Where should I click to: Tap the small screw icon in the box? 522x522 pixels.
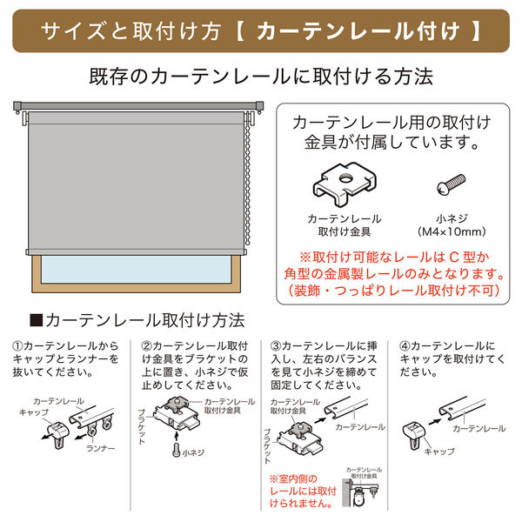pos(450,185)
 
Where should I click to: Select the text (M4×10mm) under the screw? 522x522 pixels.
pos(450,232)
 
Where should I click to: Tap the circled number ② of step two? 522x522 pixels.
pos(145,345)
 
